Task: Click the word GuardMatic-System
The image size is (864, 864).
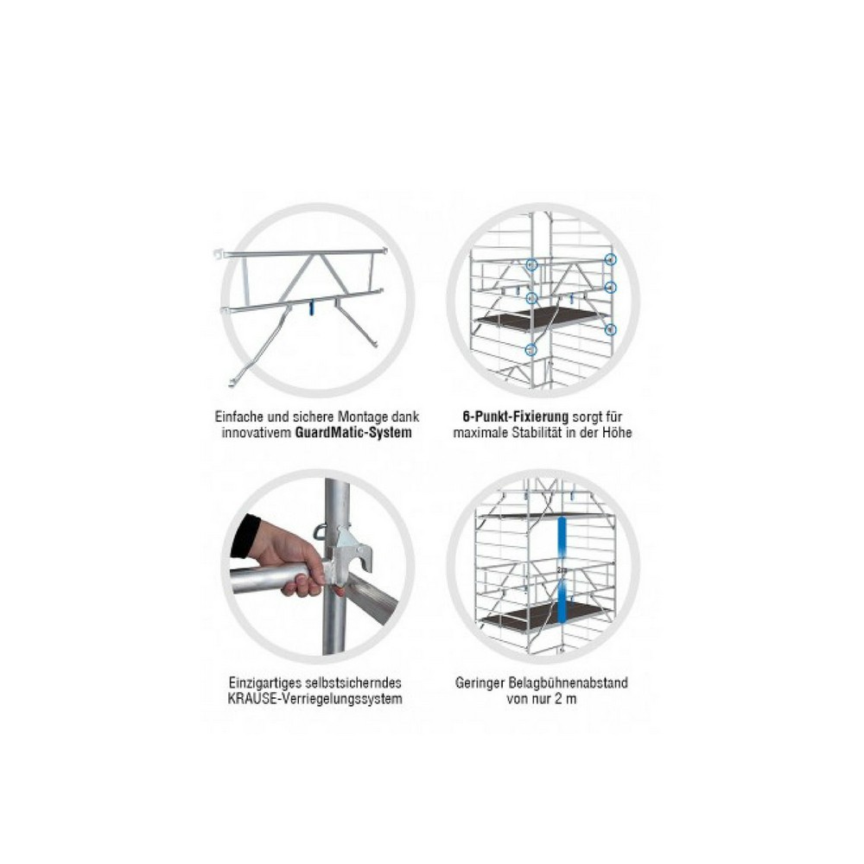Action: [x=353, y=433]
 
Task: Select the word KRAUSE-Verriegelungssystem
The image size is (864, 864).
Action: [x=314, y=699]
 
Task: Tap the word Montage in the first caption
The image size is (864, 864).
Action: [x=363, y=416]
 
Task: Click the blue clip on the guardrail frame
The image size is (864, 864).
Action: [x=311, y=307]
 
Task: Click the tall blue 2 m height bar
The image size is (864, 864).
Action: [x=562, y=570]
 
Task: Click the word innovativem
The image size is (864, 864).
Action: [x=257, y=433]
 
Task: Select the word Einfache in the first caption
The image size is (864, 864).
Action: [x=238, y=416]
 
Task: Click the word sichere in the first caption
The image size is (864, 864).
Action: [x=314, y=416]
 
